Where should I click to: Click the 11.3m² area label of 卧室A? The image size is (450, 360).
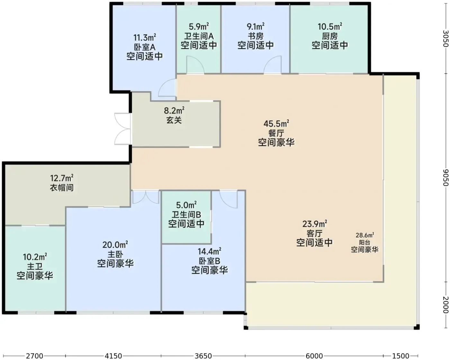coord(145,38)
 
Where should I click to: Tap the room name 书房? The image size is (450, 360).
coord(256,36)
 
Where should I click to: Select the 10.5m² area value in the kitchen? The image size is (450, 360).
coord(330,27)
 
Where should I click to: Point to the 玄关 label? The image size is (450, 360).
coord(174,120)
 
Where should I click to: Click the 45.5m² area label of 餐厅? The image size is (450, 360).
coord(276,124)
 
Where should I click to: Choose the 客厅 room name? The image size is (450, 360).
coord(314,233)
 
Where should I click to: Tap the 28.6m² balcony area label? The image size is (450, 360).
coord(365,235)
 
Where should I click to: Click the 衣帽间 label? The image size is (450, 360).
coord(62,188)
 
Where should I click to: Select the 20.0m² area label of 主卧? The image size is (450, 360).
coord(115,245)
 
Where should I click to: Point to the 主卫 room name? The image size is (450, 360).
coord(35,266)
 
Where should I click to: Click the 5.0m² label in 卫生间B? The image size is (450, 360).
coord(186,205)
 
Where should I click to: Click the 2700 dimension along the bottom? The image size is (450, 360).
coord(34,356)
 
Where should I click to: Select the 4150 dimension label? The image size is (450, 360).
coord(113,356)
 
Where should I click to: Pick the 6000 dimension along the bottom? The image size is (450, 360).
coord(314,356)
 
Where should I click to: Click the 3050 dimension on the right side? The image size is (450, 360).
coord(446,39)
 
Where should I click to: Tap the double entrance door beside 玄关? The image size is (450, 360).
coord(122,129)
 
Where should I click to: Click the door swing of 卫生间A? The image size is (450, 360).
coord(195,65)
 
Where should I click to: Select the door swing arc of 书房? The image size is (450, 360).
coord(273,65)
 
